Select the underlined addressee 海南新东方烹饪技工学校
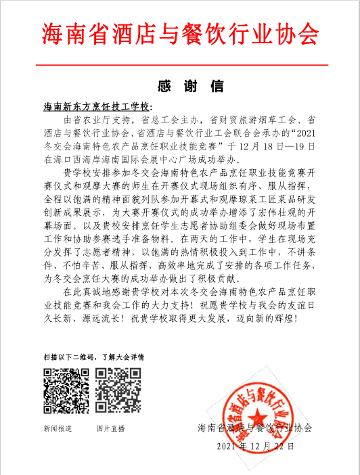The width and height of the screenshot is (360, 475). coord(97,107)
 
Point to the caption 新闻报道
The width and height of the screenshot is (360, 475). coord(58,428)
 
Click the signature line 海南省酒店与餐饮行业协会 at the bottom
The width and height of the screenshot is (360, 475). coord(255,428)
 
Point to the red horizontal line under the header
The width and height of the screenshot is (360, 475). coord(180,64)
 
